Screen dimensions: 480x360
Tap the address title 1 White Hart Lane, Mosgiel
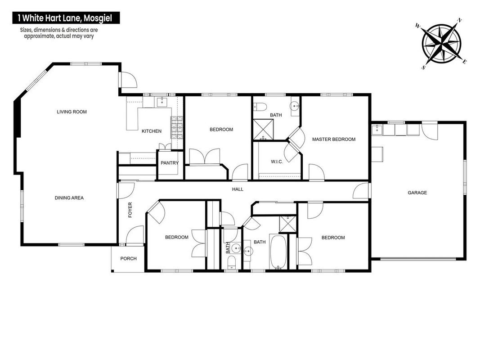pos(66,18)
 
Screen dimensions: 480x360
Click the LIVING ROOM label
pos(72,112)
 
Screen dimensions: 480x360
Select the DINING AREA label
pos(69,198)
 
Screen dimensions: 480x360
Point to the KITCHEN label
pos(152,131)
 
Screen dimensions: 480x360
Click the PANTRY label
pos(170,163)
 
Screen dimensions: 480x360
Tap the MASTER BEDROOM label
pos(334,139)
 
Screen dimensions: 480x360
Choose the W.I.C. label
pos(277,162)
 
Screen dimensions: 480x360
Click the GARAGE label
pos(417,193)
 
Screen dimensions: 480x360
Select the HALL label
pos(238,189)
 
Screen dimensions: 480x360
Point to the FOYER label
pos(130,210)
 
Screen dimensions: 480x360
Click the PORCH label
pos(128,258)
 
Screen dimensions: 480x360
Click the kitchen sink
pos(161,102)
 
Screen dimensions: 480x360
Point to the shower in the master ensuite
pos(263,130)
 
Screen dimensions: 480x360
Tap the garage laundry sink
pos(377,130)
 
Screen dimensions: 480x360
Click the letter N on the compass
pos(459,21)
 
